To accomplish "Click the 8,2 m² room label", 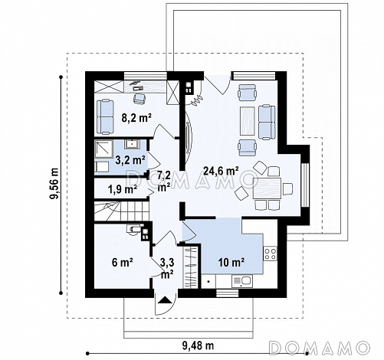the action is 136,118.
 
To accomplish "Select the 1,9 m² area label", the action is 122,189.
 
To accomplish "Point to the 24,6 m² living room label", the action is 222,171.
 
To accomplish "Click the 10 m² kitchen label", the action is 231,262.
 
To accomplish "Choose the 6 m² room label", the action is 122,262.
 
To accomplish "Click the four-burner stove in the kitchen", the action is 271,254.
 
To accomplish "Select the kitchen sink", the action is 242,281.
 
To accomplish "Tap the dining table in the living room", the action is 267,188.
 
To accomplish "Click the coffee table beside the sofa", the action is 248,121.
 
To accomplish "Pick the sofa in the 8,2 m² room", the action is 105,117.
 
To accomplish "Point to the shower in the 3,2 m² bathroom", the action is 103,149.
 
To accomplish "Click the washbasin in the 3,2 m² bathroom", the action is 132,144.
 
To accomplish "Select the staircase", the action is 122,211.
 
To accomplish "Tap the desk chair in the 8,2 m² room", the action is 139,98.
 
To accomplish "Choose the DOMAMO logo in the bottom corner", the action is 320,348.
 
